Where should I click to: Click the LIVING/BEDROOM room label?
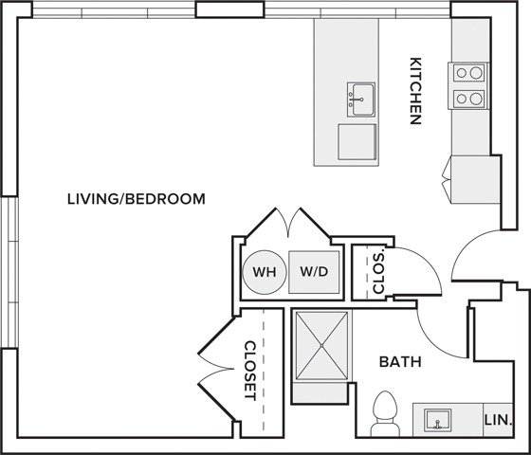(x=137, y=199)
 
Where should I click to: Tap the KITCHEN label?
(x=415, y=91)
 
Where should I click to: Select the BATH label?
(x=400, y=362)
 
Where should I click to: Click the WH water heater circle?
(x=265, y=272)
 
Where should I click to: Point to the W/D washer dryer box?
(x=314, y=272)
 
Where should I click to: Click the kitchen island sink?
(x=361, y=100)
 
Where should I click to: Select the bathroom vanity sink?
(x=438, y=420)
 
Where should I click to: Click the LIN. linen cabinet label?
(x=498, y=420)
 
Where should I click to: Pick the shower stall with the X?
(x=321, y=346)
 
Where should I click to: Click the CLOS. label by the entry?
(x=378, y=273)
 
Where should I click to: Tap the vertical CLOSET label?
(x=250, y=371)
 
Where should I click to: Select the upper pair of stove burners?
(x=469, y=73)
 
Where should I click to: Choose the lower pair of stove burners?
(x=469, y=99)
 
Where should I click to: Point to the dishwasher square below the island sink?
(x=357, y=142)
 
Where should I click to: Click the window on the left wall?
(x=9, y=272)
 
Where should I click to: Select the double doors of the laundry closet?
(x=288, y=222)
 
